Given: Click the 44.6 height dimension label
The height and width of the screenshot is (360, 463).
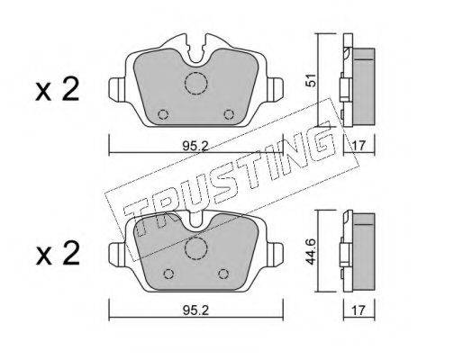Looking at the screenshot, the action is click(x=310, y=251).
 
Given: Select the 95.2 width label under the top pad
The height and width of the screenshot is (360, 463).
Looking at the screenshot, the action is click(x=195, y=147).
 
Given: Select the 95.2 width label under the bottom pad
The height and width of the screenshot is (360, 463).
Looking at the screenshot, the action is click(x=195, y=310).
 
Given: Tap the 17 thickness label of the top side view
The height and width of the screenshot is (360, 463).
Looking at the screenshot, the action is click(x=359, y=146).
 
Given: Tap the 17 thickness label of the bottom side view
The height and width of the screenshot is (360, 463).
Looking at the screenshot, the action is click(x=359, y=310).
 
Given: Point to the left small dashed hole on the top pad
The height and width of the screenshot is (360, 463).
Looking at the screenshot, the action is click(x=163, y=114).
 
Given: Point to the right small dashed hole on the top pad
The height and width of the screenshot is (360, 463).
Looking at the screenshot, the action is click(x=229, y=114).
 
